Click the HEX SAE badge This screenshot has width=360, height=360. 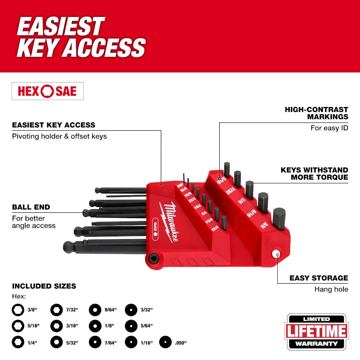48,91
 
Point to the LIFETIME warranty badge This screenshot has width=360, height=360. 317,331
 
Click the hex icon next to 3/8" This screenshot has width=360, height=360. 17,309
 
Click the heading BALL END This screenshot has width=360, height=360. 31,207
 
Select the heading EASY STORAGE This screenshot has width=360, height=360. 319,278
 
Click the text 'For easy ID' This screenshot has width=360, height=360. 329,128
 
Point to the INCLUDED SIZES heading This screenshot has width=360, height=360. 44,286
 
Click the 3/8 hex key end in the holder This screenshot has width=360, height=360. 279,218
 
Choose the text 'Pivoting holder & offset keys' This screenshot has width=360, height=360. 59,136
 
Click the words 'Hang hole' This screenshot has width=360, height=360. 331,289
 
